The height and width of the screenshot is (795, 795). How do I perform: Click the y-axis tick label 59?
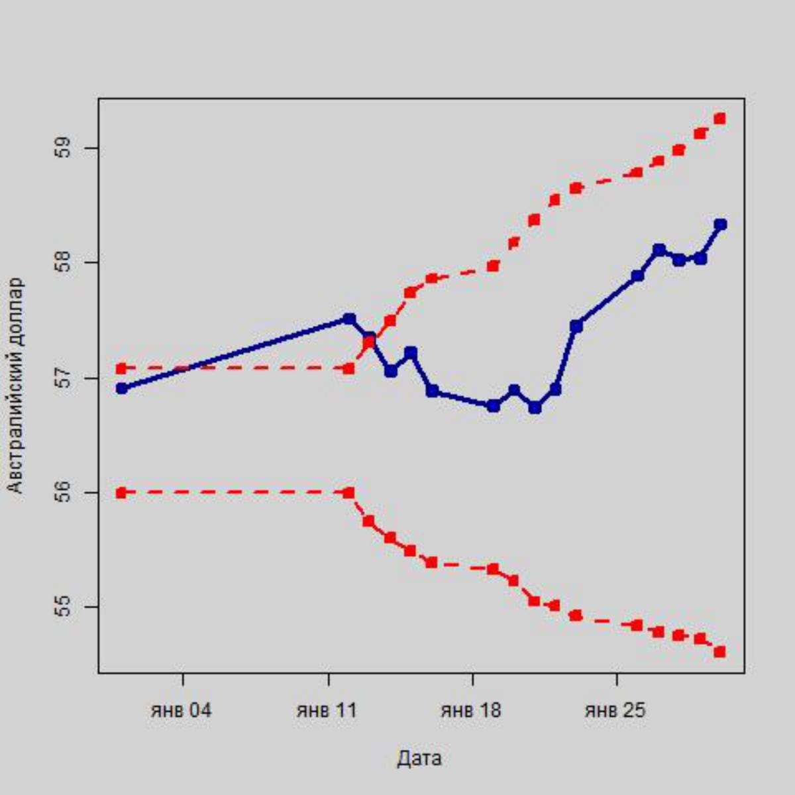coord(62,148)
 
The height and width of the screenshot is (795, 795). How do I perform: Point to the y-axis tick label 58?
coord(62,262)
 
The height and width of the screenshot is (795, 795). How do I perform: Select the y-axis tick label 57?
coord(62,378)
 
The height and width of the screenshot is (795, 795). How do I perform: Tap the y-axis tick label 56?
coord(62,493)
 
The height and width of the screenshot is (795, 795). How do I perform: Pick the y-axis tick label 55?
coord(62,607)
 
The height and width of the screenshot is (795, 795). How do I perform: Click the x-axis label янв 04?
coord(182,711)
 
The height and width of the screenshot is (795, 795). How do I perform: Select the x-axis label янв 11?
coord(327,711)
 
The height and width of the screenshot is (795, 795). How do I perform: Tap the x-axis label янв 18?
coord(471,711)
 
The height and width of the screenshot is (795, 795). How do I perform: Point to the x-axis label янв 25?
coord(615,711)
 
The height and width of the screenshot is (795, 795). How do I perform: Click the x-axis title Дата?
coord(419,759)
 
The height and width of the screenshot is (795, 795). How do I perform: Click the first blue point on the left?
coord(121,388)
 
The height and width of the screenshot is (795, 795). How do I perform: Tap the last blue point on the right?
coord(721,225)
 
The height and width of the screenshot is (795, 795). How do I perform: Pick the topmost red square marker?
coord(719,119)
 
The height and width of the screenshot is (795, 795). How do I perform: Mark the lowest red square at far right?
coord(719,652)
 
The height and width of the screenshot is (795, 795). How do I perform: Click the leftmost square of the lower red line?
coord(121,492)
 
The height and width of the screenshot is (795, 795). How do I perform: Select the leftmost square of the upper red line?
coord(121,368)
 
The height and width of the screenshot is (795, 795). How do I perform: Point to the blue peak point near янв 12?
coord(349,319)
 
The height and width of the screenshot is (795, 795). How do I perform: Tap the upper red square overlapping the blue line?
coord(369,343)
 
